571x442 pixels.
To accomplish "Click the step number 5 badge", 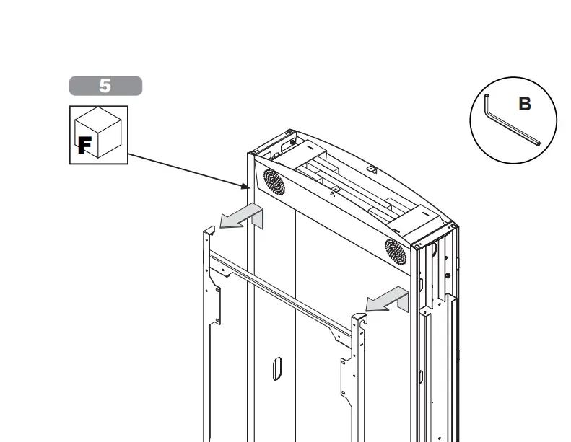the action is pyautogui.click(x=105, y=86).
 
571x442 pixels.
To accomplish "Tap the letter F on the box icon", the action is pyautogui.click(x=84, y=145).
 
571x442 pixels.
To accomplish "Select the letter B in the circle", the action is pyautogui.click(x=524, y=104).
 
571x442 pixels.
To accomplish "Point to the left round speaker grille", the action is pyautogui.click(x=274, y=182).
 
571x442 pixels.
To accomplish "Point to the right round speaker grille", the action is pyautogui.click(x=396, y=252).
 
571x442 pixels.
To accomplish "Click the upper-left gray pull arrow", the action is pyautogui.click(x=241, y=216).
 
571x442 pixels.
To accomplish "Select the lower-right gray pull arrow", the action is pyautogui.click(x=387, y=299).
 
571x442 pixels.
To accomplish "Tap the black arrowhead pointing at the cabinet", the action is pyautogui.click(x=246, y=186).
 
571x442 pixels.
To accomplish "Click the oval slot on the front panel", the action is pyautogui.click(x=277, y=368).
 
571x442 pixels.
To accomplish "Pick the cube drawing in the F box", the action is pyautogui.click(x=97, y=133).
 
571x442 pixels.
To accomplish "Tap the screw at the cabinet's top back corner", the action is pyautogui.click(x=289, y=131).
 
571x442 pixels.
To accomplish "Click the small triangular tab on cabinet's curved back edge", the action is pyautogui.click(x=372, y=169).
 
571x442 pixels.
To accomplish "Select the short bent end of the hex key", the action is pyautogui.click(x=487, y=104).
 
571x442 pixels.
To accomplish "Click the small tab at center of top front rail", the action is pyautogui.click(x=336, y=190).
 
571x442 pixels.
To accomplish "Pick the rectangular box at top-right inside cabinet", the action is pyautogui.click(x=414, y=220).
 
